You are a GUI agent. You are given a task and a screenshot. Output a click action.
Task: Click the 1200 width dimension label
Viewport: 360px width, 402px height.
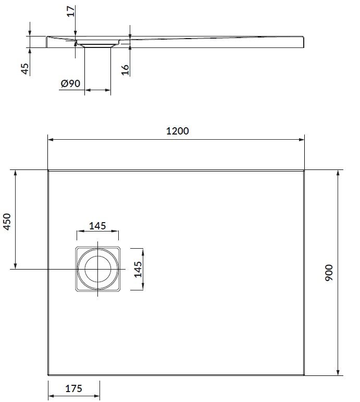pos(177,131)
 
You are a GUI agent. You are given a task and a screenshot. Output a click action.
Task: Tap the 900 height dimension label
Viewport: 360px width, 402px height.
pos(329,273)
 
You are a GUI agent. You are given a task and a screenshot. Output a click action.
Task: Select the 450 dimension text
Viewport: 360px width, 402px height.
pos(7,222)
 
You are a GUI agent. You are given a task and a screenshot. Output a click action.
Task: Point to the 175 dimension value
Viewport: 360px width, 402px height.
pos(74,388)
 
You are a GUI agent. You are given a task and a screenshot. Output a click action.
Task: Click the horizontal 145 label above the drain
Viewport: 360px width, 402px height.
pos(97,226)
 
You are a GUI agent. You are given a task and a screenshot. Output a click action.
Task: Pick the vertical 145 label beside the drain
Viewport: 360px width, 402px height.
pos(138,270)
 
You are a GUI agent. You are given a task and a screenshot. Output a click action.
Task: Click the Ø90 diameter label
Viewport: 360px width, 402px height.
pos(70,83)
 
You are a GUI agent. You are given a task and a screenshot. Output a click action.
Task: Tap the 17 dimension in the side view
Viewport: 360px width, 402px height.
pos(71,11)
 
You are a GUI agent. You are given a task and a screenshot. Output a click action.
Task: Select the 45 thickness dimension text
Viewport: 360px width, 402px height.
pos(25,69)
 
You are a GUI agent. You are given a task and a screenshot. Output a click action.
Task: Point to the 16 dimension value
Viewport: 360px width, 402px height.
pos(125,70)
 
